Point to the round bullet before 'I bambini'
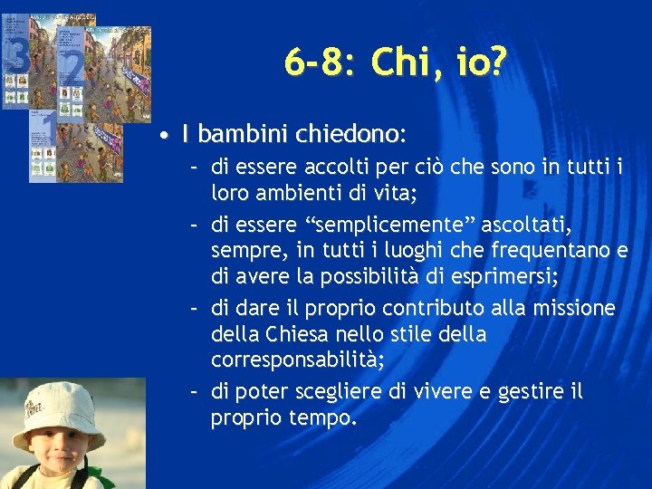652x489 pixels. tap(160, 137)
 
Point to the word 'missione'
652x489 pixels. tap(570, 309)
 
